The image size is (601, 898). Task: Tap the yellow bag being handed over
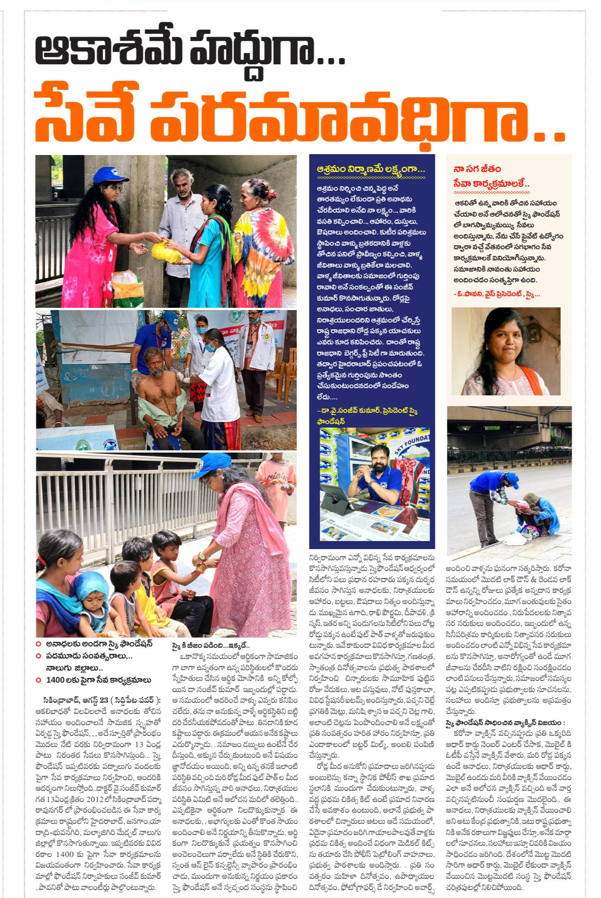[x=167, y=252]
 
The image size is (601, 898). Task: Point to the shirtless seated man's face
[x=156, y=364]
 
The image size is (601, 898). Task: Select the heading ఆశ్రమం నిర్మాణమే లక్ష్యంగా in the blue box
[x=370, y=169]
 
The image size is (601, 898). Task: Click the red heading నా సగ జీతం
[x=477, y=169]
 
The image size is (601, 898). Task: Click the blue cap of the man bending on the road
[x=512, y=480]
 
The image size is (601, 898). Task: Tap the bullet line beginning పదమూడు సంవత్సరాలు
[x=89, y=656]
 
